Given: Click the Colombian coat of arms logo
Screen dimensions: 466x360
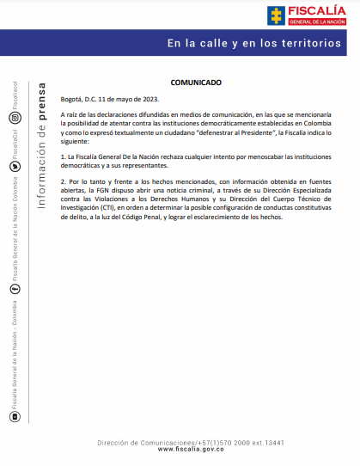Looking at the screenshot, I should tap(277, 15).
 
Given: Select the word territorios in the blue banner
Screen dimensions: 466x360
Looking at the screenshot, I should tap(312, 43).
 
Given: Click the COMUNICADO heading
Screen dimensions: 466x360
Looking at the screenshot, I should tap(196, 83).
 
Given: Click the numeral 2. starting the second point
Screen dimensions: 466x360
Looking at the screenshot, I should tap(64, 183).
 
